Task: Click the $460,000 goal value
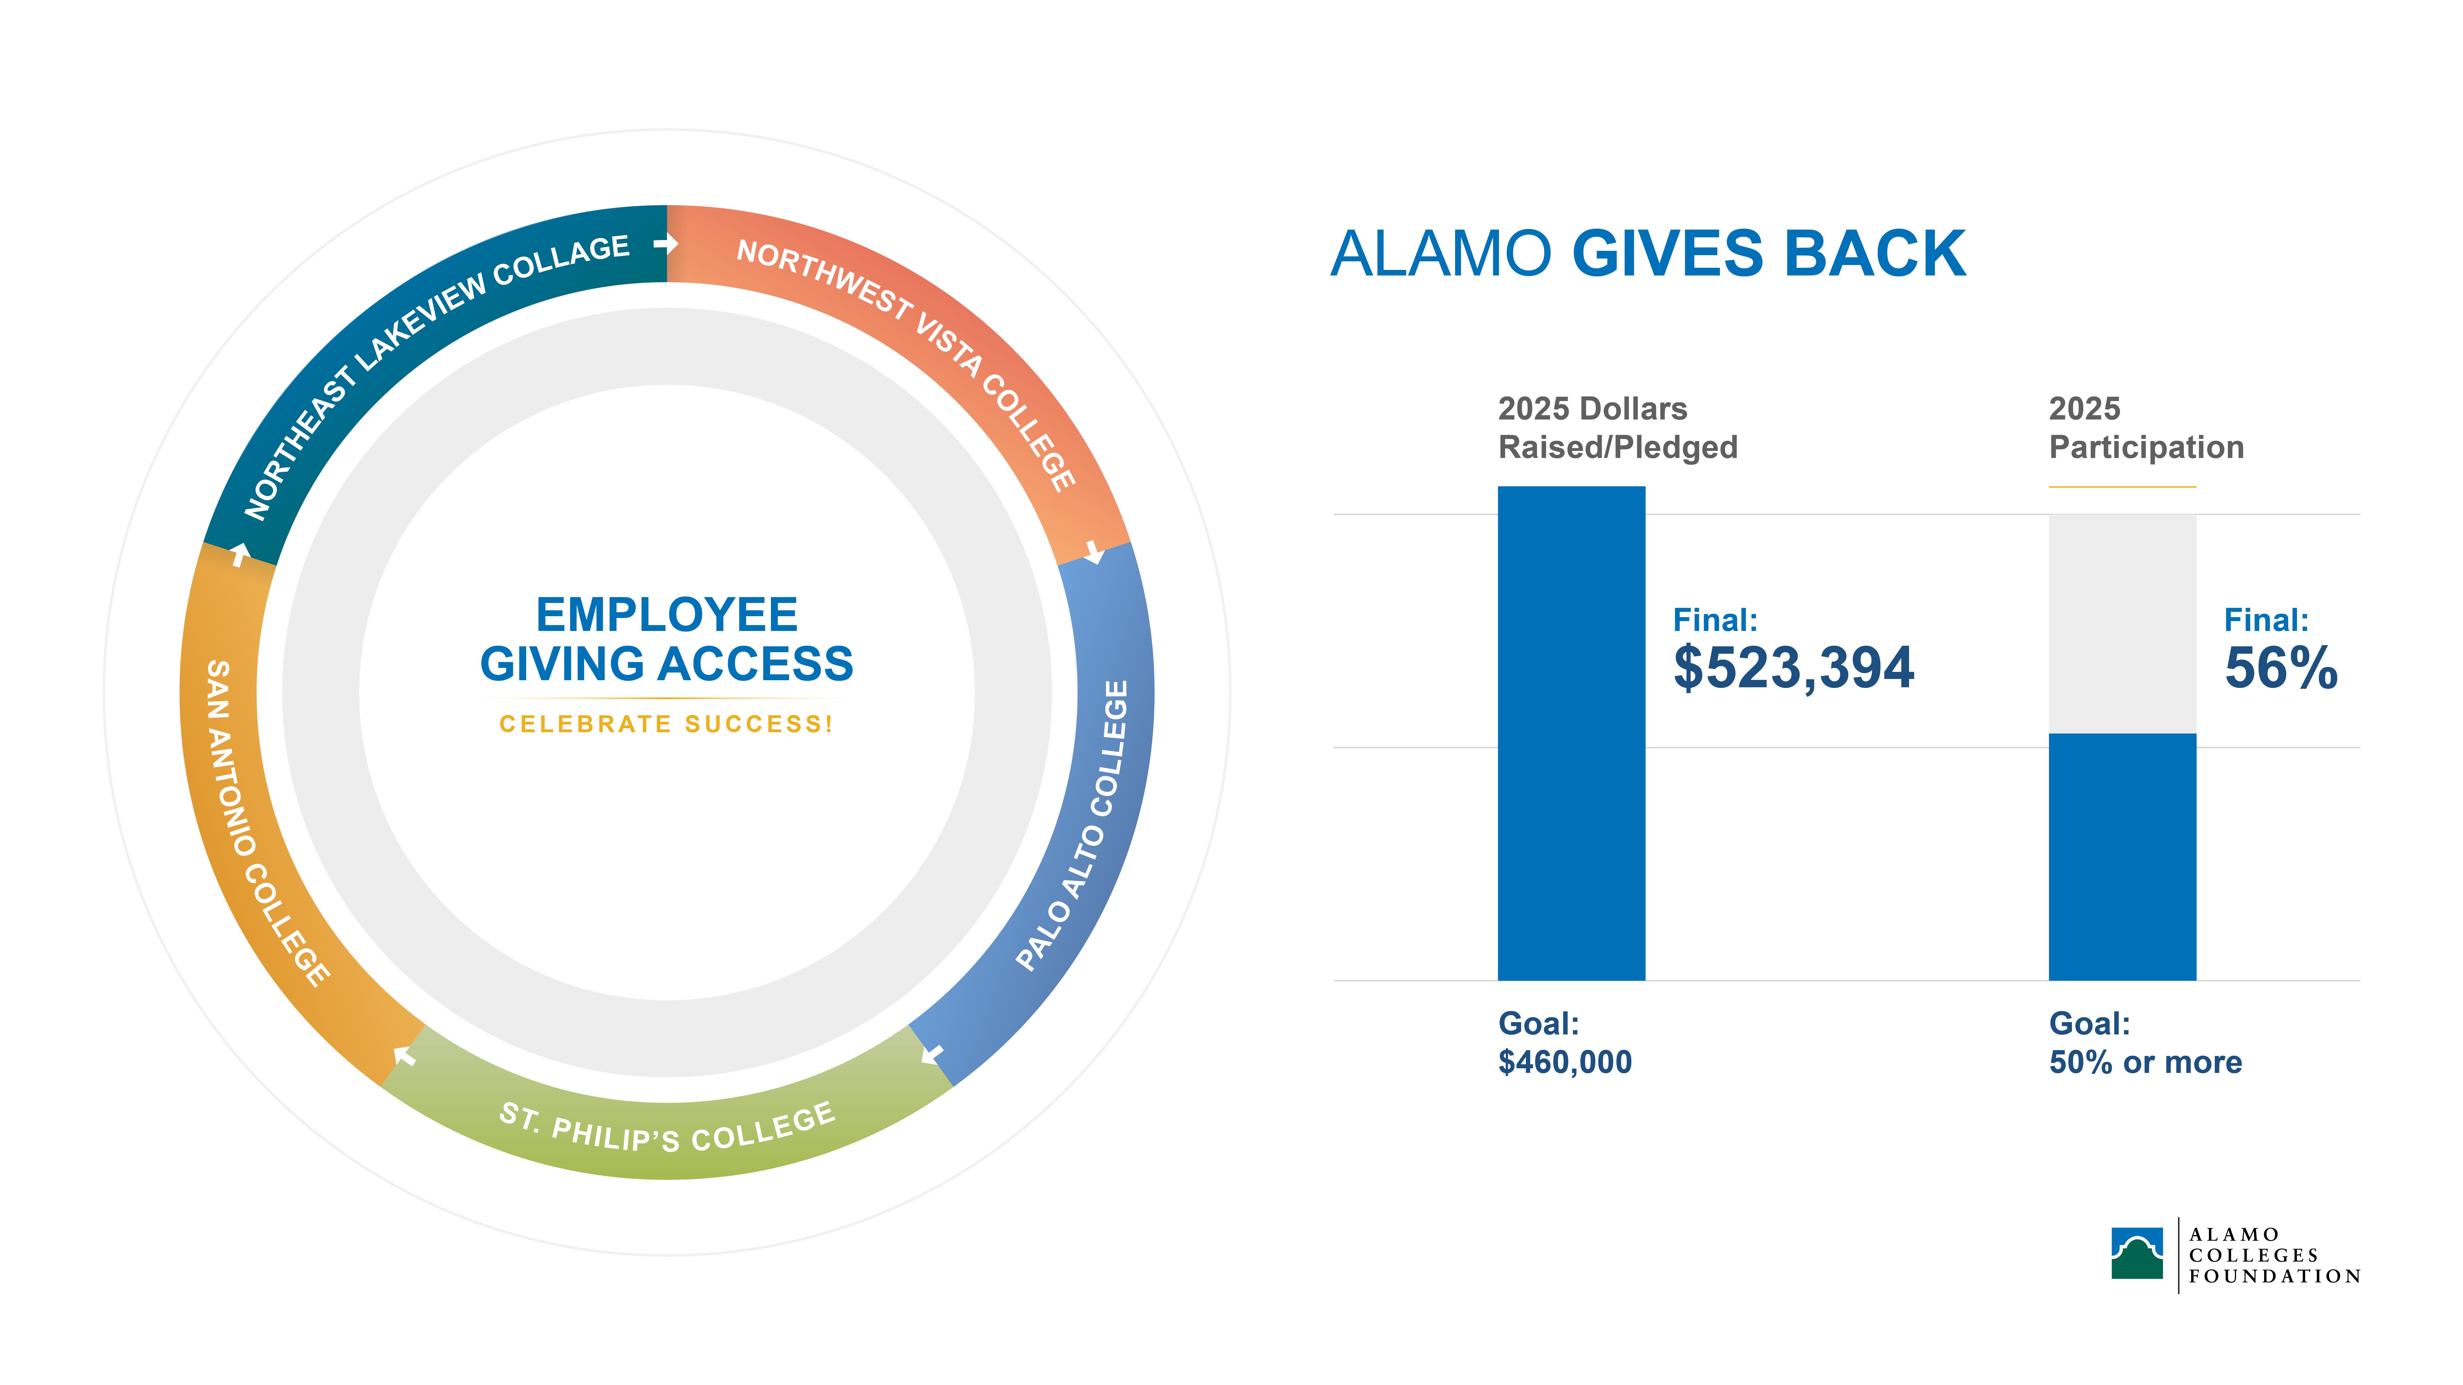click(x=1564, y=1062)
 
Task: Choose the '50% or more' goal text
click(x=2145, y=1062)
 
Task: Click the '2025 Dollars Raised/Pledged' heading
click(x=1617, y=427)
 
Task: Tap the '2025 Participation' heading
click(x=2146, y=427)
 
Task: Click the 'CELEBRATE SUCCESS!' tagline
click(x=667, y=724)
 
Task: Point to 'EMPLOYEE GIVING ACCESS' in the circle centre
click(x=667, y=639)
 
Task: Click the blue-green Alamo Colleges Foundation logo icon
click(x=2137, y=1253)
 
